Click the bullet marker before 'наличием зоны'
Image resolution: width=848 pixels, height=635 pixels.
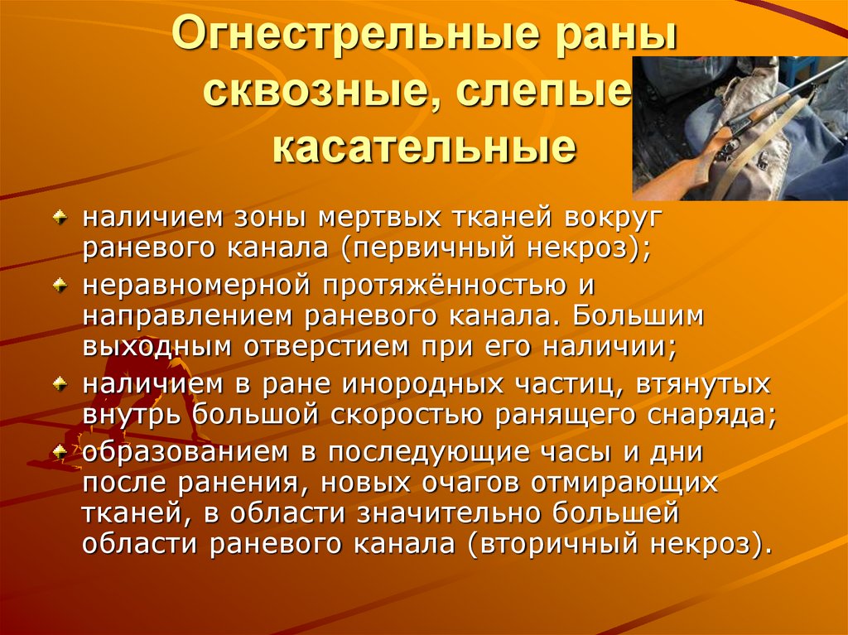pos(60,216)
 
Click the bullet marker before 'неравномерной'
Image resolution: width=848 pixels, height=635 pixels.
pos(60,284)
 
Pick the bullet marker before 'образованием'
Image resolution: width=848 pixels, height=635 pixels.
pos(60,451)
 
